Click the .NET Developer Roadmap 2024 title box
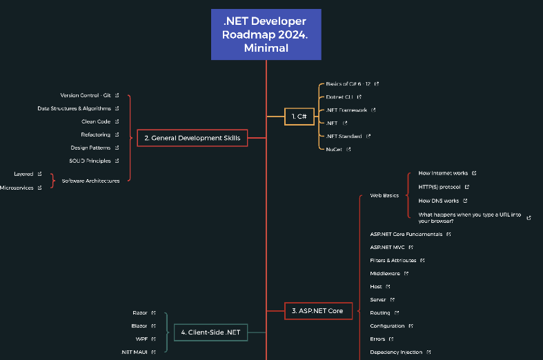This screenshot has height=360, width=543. click(x=266, y=34)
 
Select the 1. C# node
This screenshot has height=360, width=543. click(x=299, y=117)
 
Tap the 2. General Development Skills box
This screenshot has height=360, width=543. click(x=192, y=138)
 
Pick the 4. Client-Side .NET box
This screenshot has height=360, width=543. click(x=210, y=332)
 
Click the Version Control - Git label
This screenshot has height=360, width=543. click(x=86, y=95)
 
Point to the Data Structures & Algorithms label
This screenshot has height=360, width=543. click(x=74, y=108)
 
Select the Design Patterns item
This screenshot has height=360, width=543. click(x=90, y=148)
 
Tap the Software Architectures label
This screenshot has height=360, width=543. click(x=90, y=181)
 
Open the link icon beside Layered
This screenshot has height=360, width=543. click(x=39, y=174)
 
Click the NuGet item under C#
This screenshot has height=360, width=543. click(x=334, y=149)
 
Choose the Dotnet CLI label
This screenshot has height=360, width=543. click(x=339, y=97)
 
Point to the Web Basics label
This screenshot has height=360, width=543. click(x=384, y=195)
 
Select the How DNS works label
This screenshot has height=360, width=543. click(x=439, y=201)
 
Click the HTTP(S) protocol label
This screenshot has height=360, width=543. click(x=440, y=187)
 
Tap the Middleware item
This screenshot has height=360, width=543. click(x=385, y=273)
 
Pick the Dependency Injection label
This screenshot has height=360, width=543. click(x=396, y=352)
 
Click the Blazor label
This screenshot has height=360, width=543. click(x=139, y=326)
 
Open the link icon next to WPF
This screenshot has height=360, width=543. click(x=153, y=339)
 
